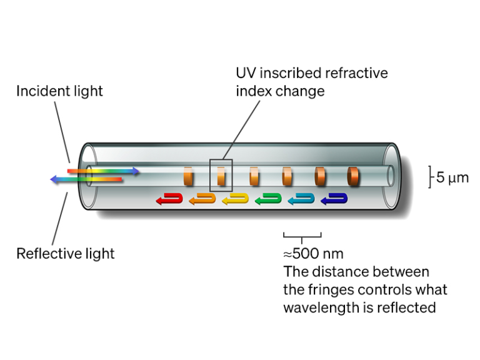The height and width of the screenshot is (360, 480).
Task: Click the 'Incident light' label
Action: click(x=59, y=91)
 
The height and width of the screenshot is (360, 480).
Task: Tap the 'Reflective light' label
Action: click(x=66, y=254)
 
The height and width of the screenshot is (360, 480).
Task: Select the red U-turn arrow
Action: click(x=168, y=199)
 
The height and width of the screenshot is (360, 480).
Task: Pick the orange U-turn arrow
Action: click(x=201, y=199)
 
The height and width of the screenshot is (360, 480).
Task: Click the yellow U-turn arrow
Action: click(x=234, y=199)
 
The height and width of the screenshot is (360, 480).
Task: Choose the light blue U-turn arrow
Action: click(x=301, y=199)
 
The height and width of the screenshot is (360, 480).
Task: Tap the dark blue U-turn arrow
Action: click(x=334, y=199)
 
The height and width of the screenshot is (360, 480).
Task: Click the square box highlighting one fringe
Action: click(x=221, y=176)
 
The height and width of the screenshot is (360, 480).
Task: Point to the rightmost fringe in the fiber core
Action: click(x=353, y=176)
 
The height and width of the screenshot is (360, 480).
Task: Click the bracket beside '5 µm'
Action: click(x=430, y=177)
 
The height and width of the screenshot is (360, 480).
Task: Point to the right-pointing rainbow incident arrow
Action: click(x=103, y=171)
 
